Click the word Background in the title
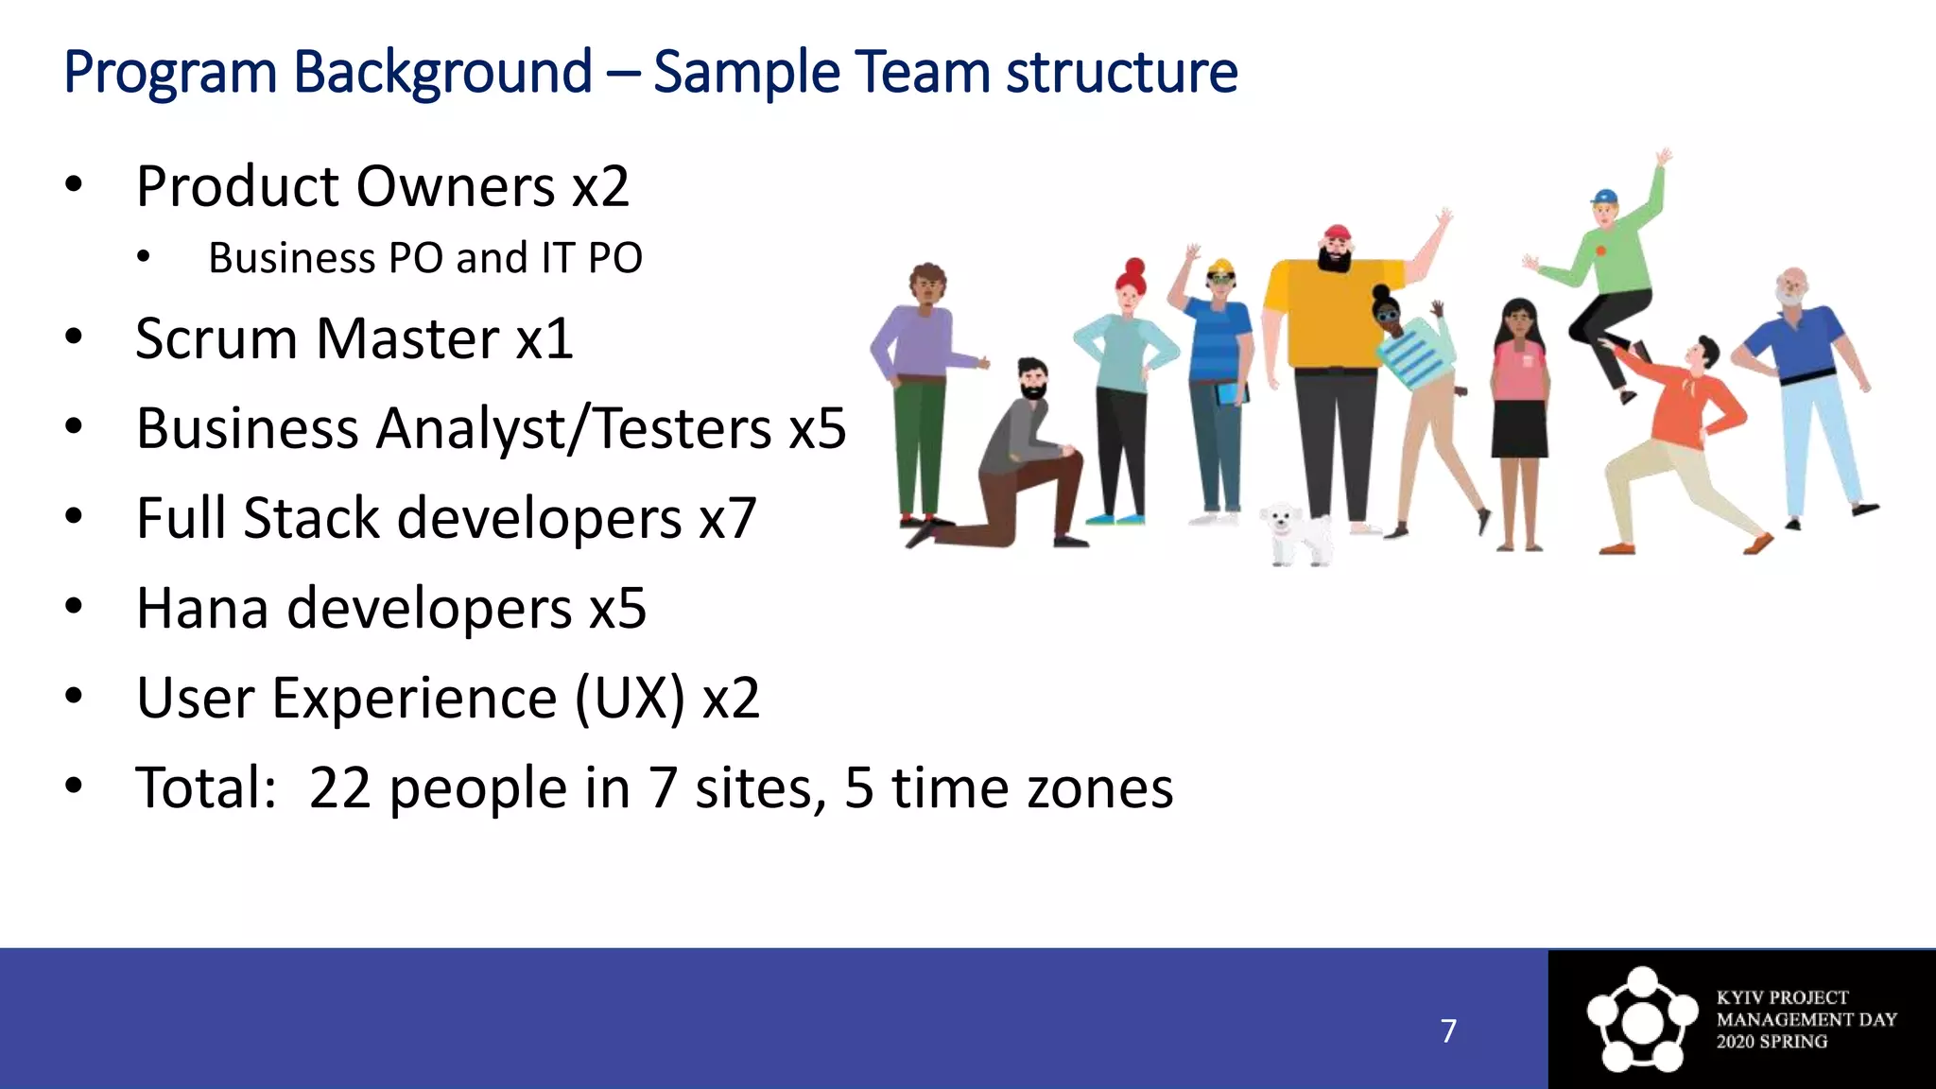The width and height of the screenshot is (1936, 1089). [x=442, y=73]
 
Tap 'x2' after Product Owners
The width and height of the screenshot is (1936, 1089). [x=599, y=186]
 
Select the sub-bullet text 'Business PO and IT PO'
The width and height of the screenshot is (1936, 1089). [x=424, y=258]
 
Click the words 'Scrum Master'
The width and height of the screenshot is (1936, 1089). [x=317, y=338]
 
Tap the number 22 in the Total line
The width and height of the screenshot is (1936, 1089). [x=339, y=787]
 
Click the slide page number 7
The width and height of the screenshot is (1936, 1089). [x=1448, y=1030]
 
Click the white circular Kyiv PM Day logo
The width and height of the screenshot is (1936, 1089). [x=1642, y=1019]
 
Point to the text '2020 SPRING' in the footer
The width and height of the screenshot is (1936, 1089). [x=1772, y=1042]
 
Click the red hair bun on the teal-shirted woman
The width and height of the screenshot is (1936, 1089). [x=1134, y=268]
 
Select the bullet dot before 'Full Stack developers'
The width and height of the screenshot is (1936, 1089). [x=74, y=517]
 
